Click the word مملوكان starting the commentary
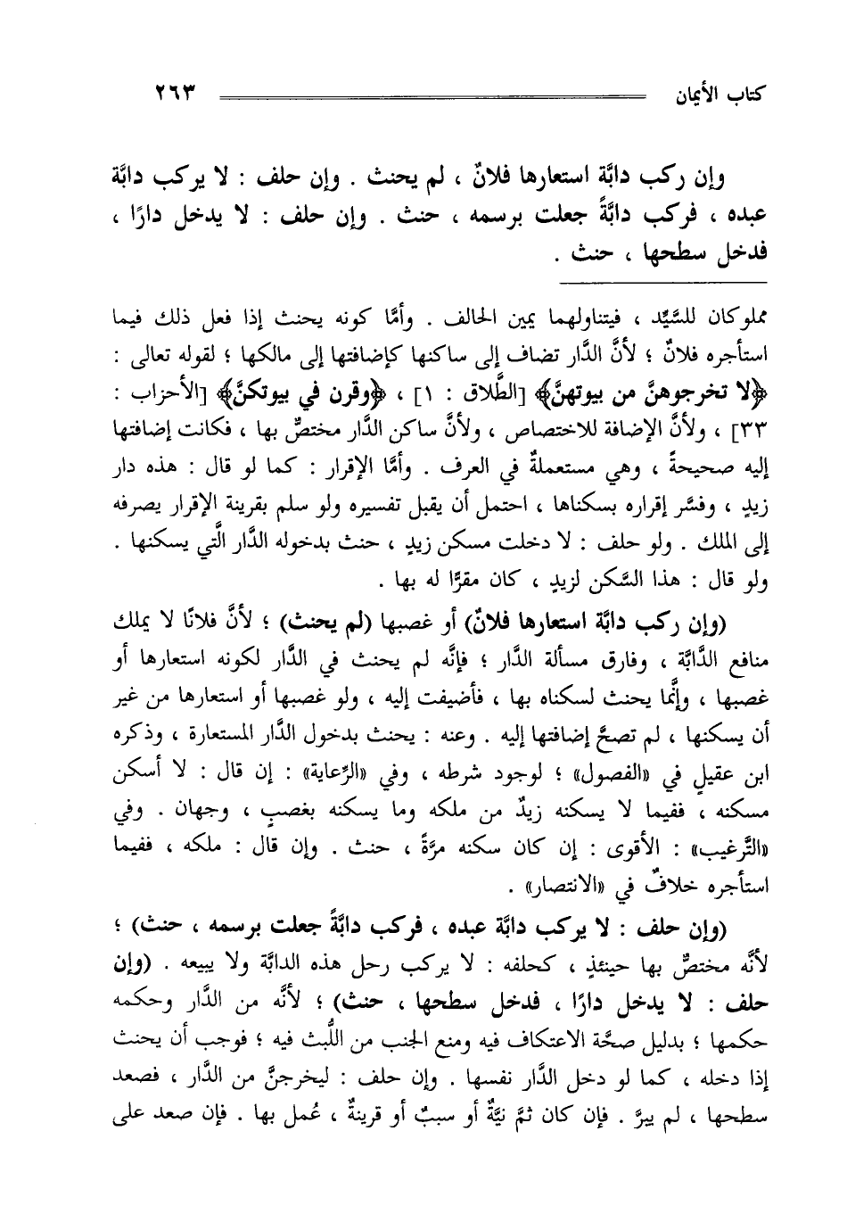719,318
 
